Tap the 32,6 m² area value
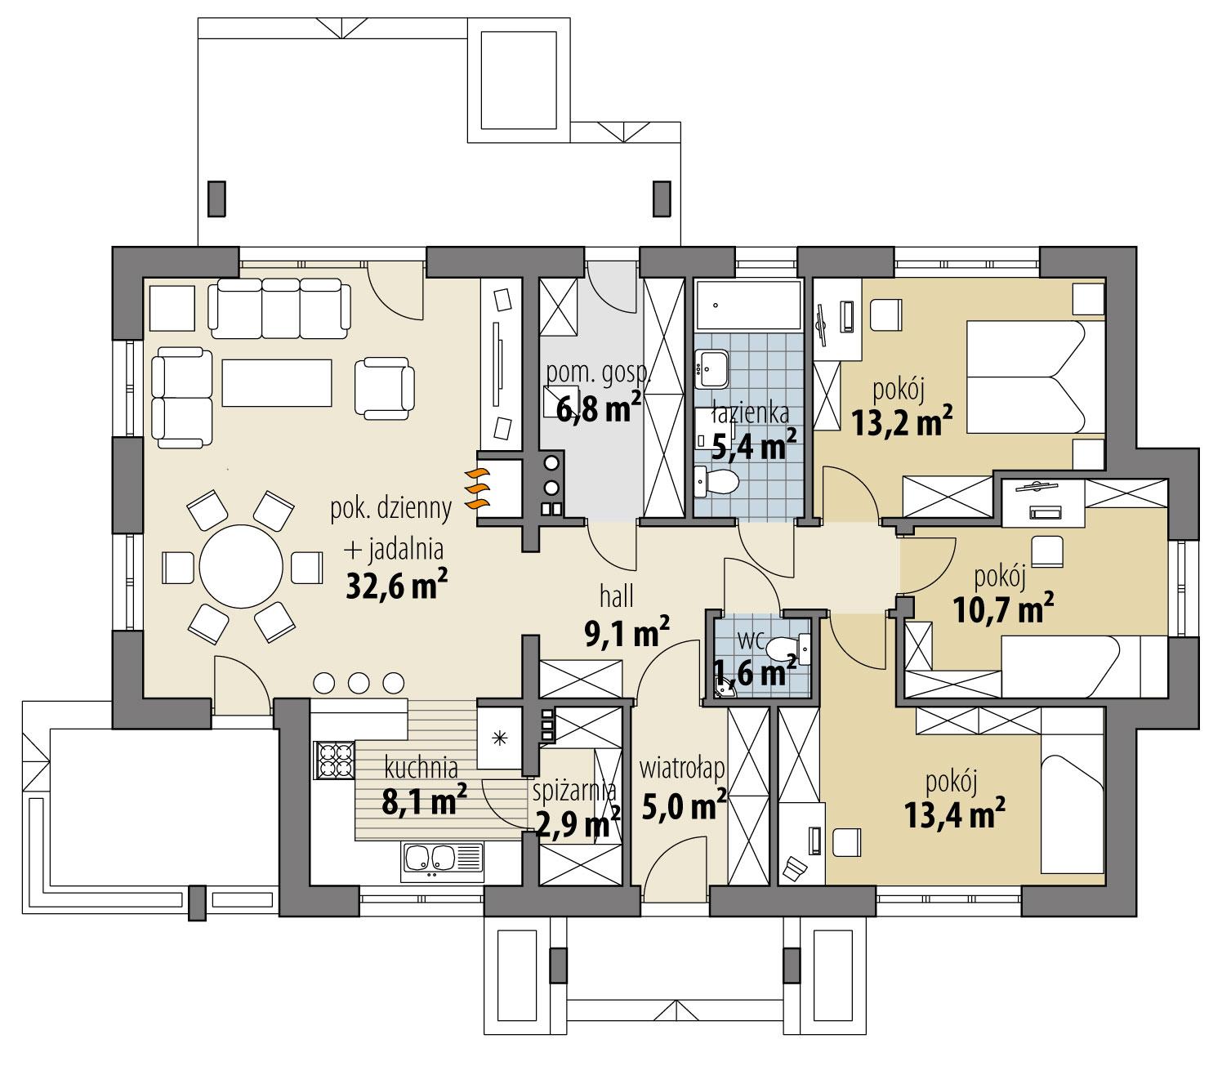(391, 586)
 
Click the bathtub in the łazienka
(747, 305)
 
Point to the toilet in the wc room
(783, 650)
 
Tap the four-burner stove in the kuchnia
(334, 760)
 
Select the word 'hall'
(616, 597)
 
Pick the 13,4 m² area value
(954, 813)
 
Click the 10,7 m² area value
(1003, 609)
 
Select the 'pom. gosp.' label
(598, 373)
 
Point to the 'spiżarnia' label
(574, 791)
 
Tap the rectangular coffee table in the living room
(277, 382)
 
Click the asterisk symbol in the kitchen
(500, 738)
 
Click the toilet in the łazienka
(718, 482)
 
